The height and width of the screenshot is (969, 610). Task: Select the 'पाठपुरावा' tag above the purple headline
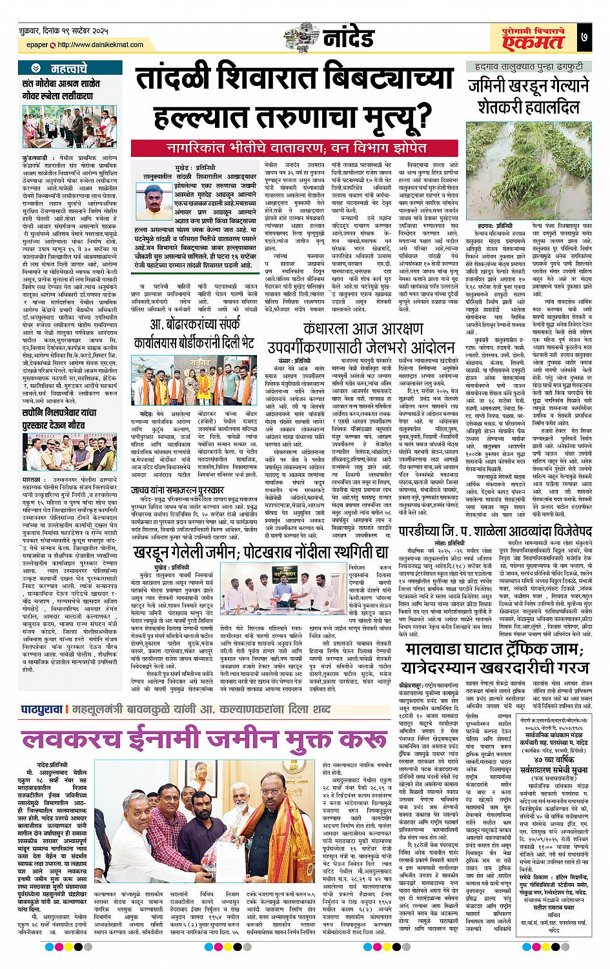(41, 709)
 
